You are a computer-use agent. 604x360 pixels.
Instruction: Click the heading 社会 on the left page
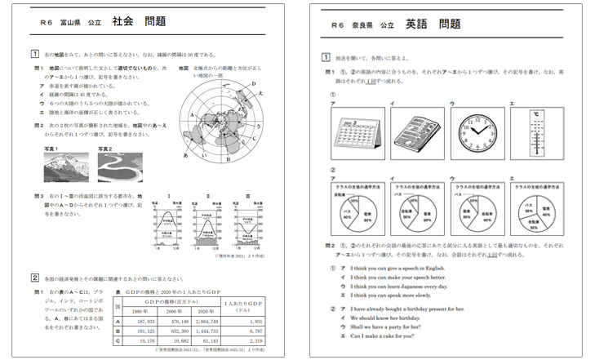pos(122,25)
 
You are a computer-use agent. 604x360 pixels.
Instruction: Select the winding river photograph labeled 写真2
pos(118,167)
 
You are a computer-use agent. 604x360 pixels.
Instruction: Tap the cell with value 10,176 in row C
pos(138,341)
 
